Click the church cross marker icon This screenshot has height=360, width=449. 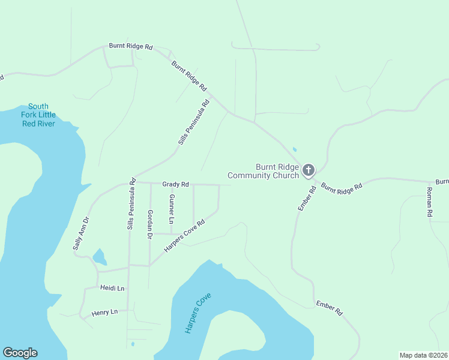(308, 170)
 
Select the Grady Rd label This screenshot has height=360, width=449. (175, 184)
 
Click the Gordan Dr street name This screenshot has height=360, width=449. (149, 224)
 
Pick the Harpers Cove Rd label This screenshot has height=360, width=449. (184, 235)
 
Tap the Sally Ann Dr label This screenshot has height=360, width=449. (80, 233)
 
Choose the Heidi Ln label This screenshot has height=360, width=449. (112, 289)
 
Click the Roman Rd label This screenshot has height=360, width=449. (429, 202)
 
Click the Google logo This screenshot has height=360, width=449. (20, 353)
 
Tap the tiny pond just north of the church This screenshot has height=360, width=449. (294, 149)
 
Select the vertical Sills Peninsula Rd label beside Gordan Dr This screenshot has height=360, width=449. (130, 207)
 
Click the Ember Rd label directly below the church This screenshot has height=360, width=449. (307, 199)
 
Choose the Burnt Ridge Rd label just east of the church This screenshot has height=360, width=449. (342, 187)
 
